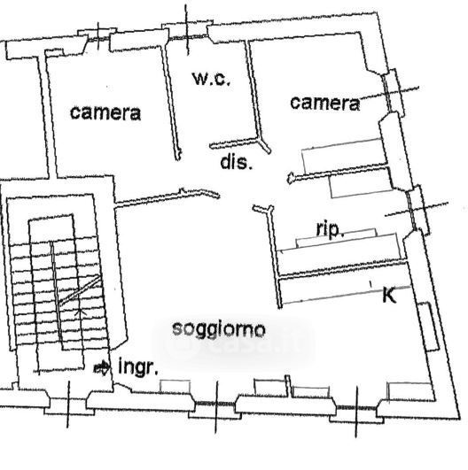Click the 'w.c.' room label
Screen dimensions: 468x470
(x=211, y=79)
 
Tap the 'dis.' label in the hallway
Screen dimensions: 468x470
(x=236, y=163)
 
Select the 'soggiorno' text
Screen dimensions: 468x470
(x=219, y=330)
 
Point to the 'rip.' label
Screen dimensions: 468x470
(x=330, y=230)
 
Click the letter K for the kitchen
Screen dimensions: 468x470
(x=389, y=295)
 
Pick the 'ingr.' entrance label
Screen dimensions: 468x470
(x=138, y=366)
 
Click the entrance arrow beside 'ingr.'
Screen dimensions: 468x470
(x=102, y=367)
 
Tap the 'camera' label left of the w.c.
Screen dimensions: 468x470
(x=105, y=113)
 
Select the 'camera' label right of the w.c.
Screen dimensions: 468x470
(x=325, y=103)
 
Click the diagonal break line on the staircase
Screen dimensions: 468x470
(x=80, y=290)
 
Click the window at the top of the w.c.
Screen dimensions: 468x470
(x=188, y=37)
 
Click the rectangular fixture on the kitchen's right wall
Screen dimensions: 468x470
(x=429, y=327)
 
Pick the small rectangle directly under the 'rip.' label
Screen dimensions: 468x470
(x=337, y=238)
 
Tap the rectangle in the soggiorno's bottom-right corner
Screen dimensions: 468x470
(x=411, y=391)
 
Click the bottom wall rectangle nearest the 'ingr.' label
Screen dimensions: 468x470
(x=175, y=387)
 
